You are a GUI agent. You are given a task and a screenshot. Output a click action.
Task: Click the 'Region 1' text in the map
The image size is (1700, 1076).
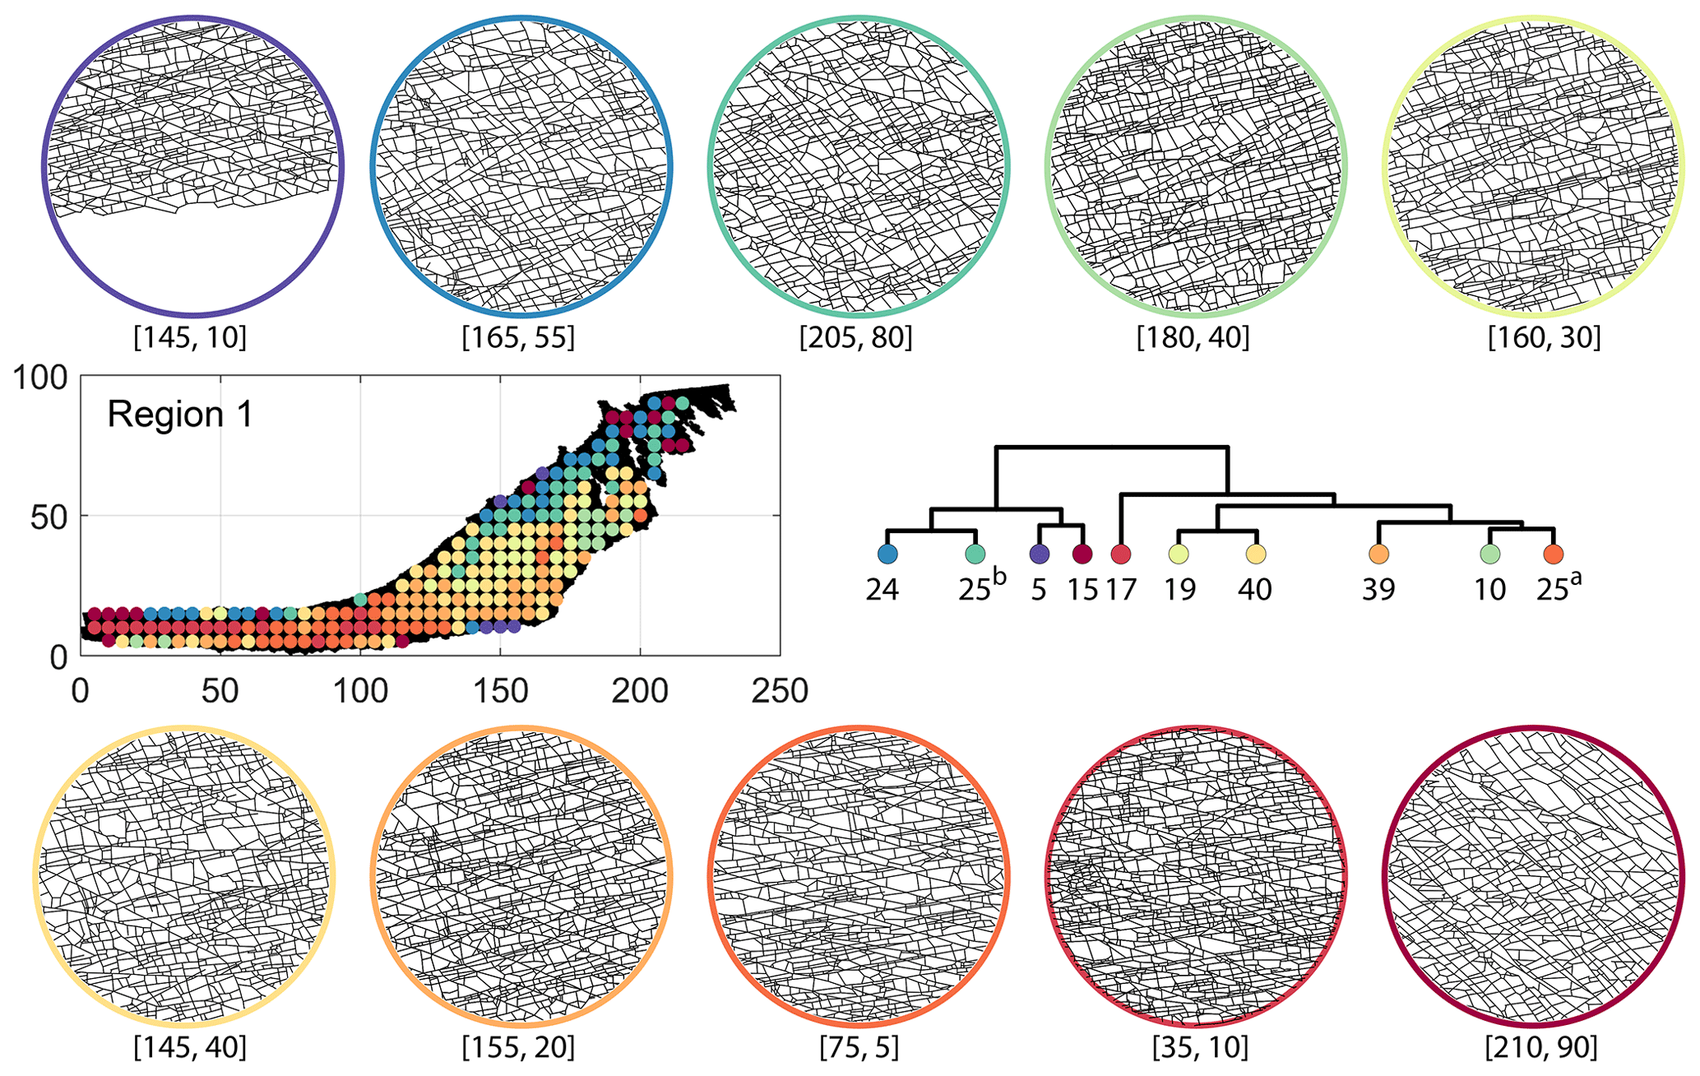[x=180, y=415]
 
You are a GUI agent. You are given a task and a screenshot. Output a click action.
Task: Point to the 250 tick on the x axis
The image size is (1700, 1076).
[x=780, y=691]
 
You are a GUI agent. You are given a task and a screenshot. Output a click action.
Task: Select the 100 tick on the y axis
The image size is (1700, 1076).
[x=40, y=379]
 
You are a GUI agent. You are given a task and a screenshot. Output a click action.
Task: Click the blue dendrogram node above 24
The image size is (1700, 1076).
[x=887, y=554]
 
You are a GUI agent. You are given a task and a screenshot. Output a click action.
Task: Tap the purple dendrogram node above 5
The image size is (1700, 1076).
[x=1040, y=554]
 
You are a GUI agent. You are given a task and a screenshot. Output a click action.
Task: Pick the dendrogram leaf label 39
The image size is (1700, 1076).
[x=1378, y=590]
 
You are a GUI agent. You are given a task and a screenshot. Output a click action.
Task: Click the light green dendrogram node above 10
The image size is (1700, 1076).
[x=1489, y=554]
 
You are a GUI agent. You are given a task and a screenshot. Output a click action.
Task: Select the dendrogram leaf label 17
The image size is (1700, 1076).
[x=1119, y=590]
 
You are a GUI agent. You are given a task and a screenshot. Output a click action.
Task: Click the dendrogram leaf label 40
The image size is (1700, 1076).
[x=1255, y=590]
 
